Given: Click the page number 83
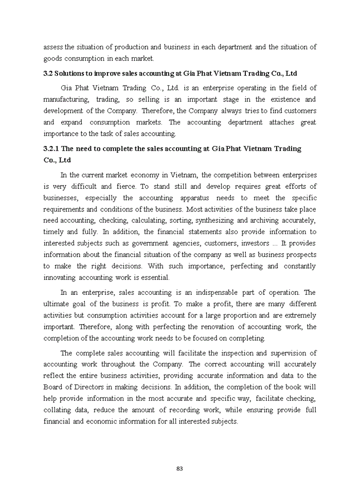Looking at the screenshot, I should click(179, 468).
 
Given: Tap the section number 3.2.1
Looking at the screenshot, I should click(51, 149).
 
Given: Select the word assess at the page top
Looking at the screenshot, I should click(53, 47).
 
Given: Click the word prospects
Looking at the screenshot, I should click(299, 255).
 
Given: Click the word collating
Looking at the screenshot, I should click(58, 410).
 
